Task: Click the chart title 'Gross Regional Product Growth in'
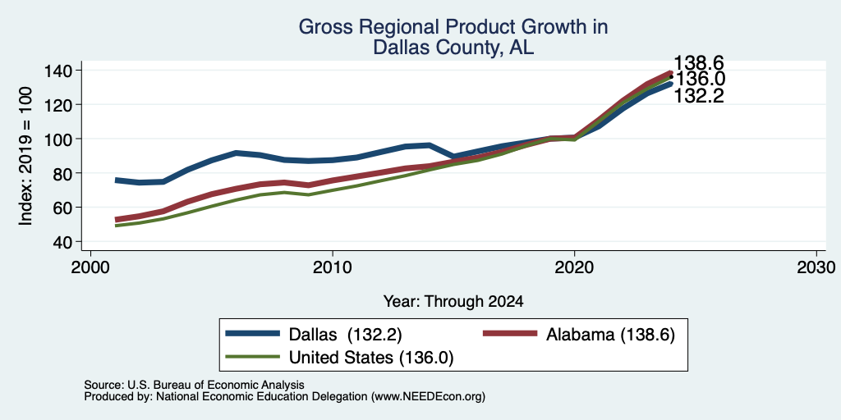click(453, 27)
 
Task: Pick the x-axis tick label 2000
click(90, 267)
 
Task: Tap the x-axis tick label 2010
click(333, 267)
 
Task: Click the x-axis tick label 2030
click(816, 267)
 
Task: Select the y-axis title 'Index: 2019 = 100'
click(25, 156)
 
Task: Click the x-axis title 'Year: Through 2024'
click(453, 302)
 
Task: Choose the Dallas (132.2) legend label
click(346, 335)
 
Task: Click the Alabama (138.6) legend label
click(610, 335)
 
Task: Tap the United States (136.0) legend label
click(371, 358)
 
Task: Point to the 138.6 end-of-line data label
click(699, 63)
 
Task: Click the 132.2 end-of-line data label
click(699, 97)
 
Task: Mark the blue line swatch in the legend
click(253, 334)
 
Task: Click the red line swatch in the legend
click(510, 334)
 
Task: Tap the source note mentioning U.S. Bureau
click(194, 385)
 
